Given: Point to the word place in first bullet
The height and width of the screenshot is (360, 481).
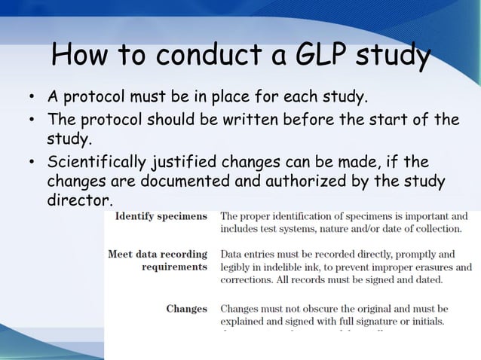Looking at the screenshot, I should coord(249,98).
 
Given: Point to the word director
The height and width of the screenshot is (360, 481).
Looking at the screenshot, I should coord(78,202).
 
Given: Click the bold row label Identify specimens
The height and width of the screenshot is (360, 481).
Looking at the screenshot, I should coord(161,216).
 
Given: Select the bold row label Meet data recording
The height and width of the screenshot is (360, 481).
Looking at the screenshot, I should coord(157,254).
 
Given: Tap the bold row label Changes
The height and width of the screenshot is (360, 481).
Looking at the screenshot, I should coord(186,308).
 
